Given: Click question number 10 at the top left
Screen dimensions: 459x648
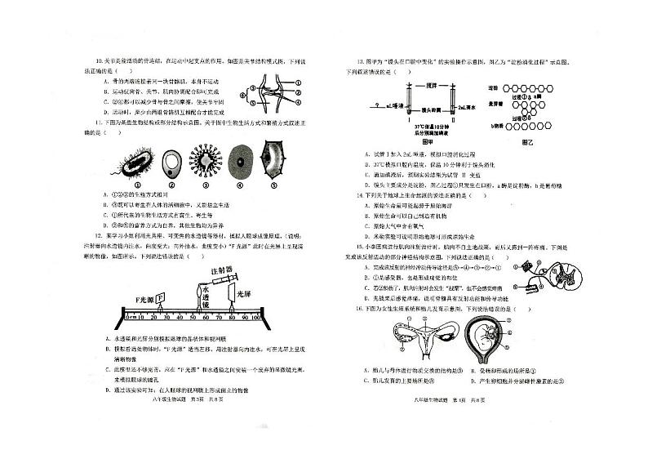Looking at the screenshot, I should (98, 62).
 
